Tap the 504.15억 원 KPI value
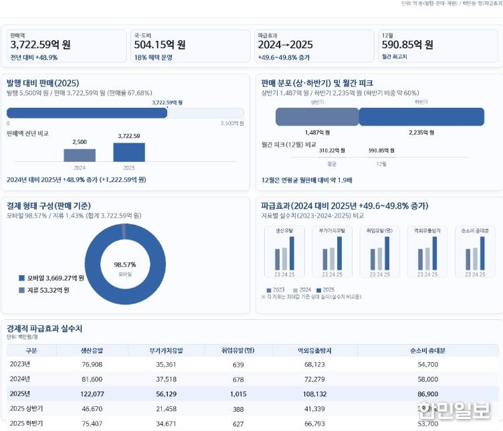[160, 46]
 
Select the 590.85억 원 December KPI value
[407, 46]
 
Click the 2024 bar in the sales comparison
[80, 155]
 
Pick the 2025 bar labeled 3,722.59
[128, 152]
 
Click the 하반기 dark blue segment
[421, 117]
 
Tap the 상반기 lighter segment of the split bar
[317, 117]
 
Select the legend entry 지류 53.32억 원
[47, 290]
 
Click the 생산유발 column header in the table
[91, 351]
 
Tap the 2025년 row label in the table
[20, 394]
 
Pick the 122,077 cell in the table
[91, 394]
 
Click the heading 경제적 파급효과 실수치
[44, 329]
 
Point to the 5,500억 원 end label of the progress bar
[232, 124]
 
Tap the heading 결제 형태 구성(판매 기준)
[49, 205]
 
